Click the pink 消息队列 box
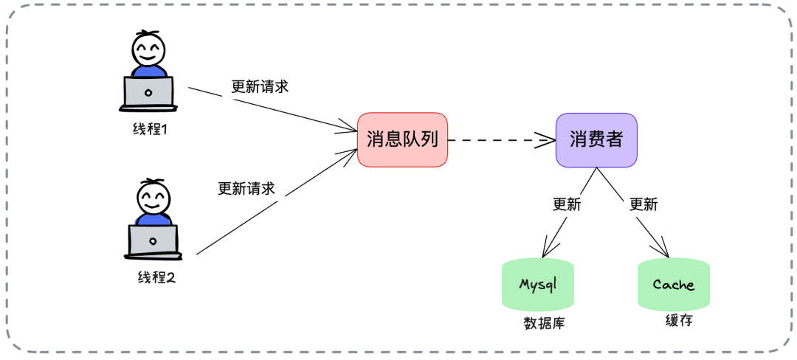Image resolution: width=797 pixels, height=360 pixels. tap(402, 139)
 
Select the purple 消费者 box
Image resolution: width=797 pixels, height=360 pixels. tap(596, 139)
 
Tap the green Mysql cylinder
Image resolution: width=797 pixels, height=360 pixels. tap(537, 285)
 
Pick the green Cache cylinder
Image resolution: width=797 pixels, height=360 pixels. tap(673, 285)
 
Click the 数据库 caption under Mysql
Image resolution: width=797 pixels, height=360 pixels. tap(543, 323)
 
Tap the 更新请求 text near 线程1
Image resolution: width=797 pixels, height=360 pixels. tap(259, 86)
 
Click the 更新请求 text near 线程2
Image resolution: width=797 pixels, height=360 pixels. tap(246, 188)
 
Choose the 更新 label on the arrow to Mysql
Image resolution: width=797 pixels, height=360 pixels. tap(567, 204)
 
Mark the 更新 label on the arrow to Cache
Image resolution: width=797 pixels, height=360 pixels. tap(643, 204)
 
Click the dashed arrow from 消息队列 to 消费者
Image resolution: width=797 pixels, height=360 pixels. tap(502, 139)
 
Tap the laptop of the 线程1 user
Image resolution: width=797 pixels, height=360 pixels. tap(148, 94)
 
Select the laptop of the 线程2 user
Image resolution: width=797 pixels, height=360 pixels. tap(153, 242)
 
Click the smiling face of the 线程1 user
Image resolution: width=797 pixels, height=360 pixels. tap(149, 50)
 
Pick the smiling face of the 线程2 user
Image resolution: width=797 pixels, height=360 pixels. tap(153, 198)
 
